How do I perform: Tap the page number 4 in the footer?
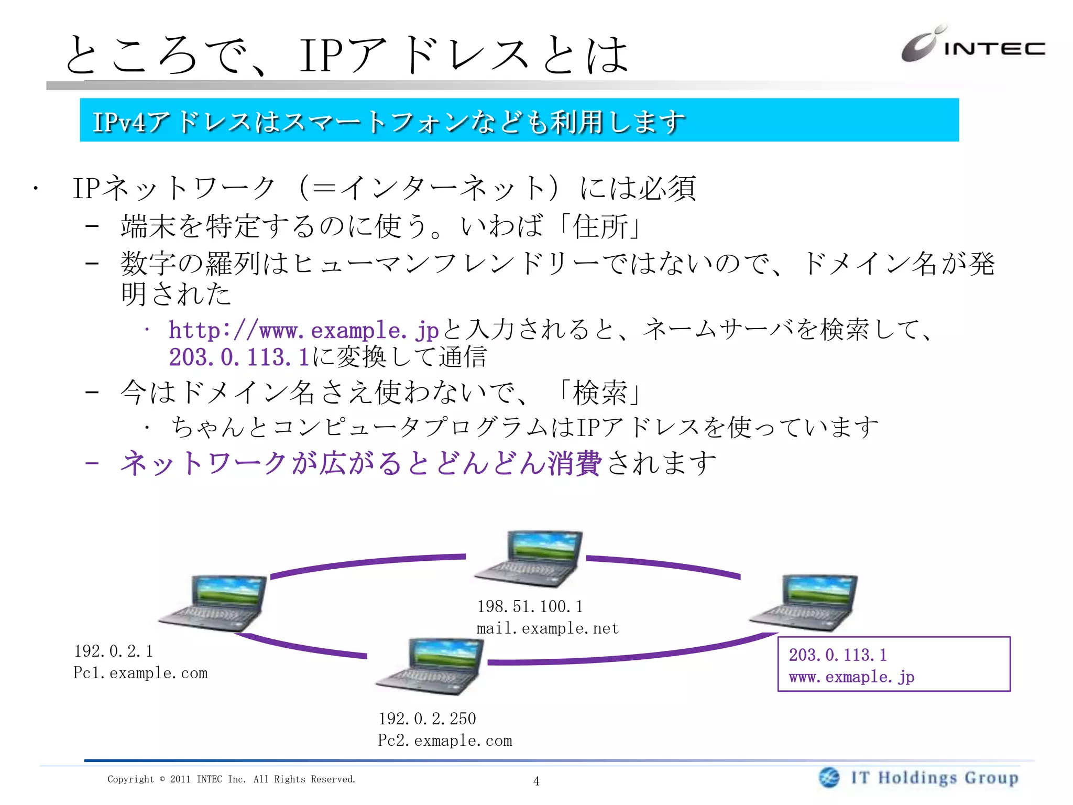536,781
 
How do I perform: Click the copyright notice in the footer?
231,779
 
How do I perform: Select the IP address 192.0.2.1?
113,651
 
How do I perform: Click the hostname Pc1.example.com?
140,673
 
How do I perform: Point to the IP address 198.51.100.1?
530,607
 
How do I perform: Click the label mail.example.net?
548,628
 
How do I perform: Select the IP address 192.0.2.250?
427,719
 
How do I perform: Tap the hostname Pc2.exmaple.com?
445,741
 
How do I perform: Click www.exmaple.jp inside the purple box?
851,677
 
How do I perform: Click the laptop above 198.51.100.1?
529,559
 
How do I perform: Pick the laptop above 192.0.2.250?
430,666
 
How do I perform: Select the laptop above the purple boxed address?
804,602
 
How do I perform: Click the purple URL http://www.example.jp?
303,331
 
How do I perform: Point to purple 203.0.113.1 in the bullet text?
239,358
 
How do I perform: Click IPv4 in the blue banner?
119,122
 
